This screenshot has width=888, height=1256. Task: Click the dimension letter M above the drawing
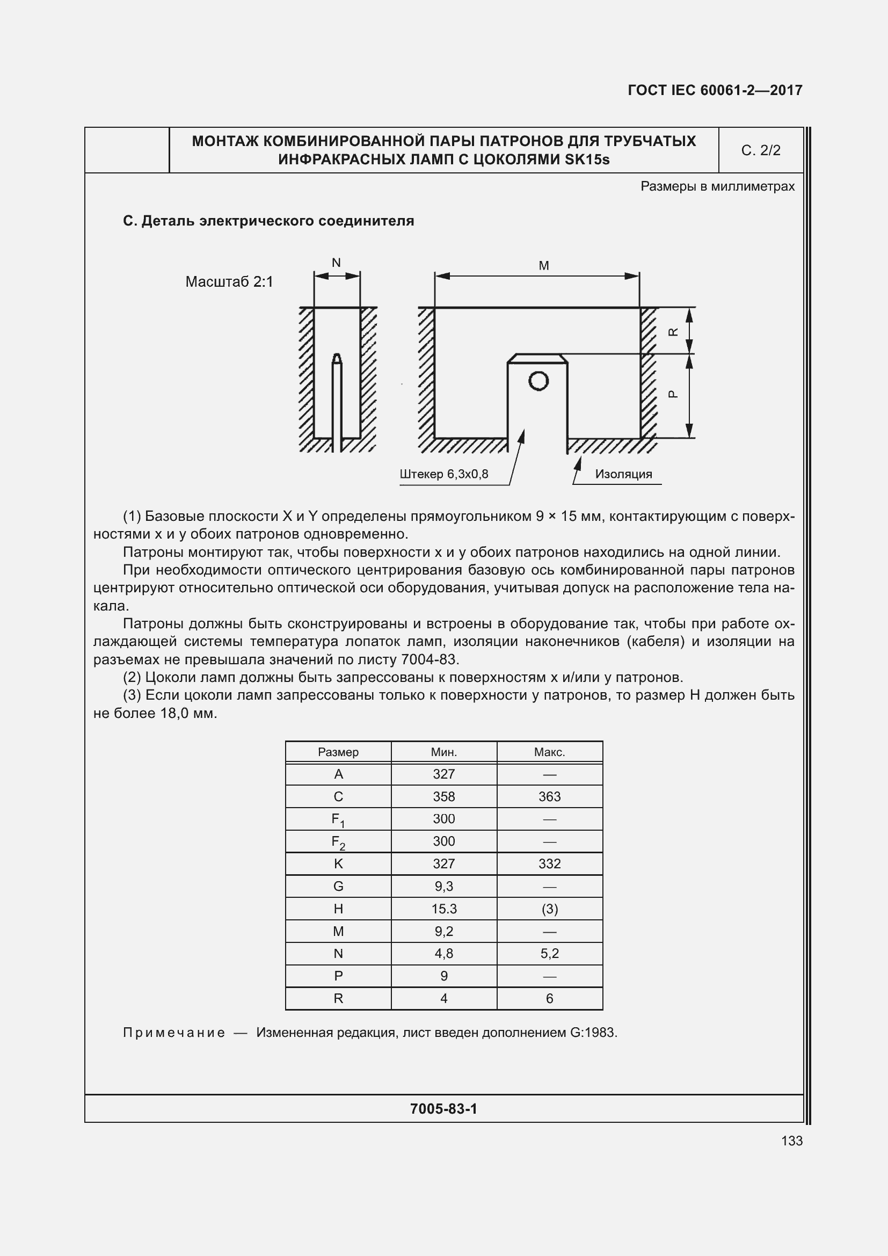(543, 266)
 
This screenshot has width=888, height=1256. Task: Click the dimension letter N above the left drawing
(336, 263)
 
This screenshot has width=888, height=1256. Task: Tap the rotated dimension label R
(674, 332)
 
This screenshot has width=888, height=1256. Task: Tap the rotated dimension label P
(674, 394)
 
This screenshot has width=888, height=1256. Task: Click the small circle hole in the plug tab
(538, 381)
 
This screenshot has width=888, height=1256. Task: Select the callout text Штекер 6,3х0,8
(443, 474)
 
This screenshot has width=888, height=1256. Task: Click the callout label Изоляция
(623, 474)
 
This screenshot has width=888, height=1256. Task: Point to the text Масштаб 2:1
(229, 282)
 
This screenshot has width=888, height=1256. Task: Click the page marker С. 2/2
(761, 150)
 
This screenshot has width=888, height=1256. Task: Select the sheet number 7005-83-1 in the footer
(443, 1109)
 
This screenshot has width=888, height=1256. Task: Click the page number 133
(792, 1141)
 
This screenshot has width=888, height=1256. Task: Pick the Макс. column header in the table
(550, 752)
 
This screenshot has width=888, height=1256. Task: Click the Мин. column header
(443, 752)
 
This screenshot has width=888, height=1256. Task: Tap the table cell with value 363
(550, 797)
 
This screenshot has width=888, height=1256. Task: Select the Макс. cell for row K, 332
(550, 864)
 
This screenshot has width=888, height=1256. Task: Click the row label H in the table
(338, 909)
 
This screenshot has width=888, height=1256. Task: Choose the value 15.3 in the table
(443, 909)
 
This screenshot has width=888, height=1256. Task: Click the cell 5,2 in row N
(550, 954)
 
